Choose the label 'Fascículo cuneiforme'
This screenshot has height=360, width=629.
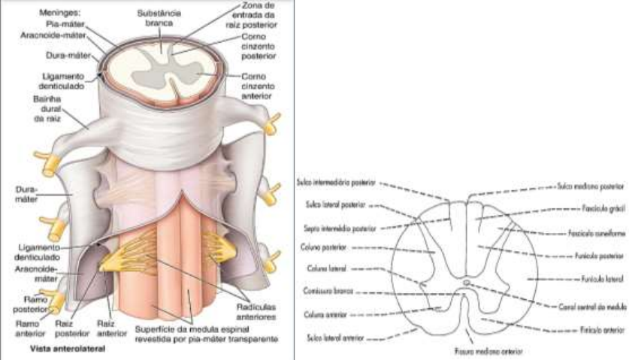click(x=591, y=234)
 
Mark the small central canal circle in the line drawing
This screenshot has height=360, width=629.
click(x=467, y=283)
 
